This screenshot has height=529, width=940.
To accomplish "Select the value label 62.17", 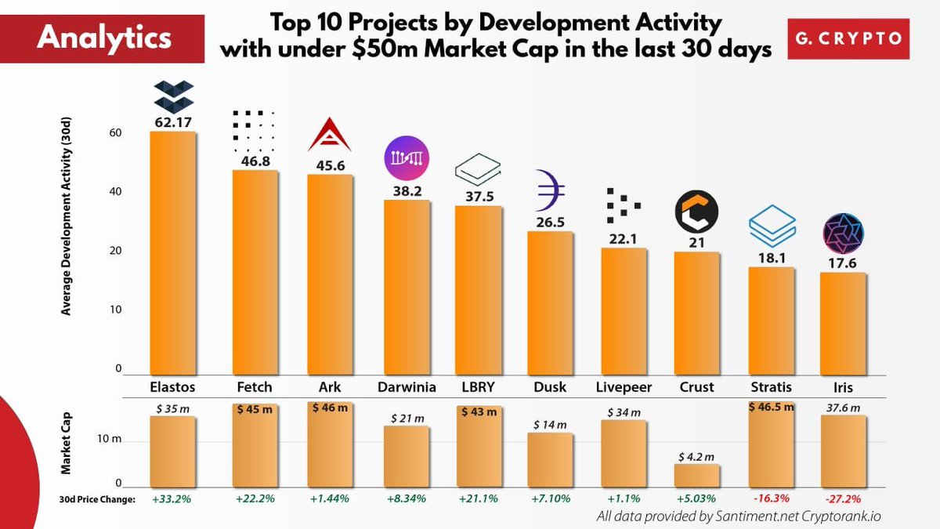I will [173, 121].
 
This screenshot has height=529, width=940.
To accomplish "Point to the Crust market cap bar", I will [697, 476].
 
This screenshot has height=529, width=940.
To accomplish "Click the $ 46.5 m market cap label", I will [771, 407].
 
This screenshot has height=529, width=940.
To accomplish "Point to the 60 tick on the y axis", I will [115, 133].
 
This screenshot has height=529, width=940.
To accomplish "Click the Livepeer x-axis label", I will [624, 387].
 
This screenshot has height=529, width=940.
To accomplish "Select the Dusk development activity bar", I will [550, 303].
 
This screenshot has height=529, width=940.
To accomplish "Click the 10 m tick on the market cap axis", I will [110, 441].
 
